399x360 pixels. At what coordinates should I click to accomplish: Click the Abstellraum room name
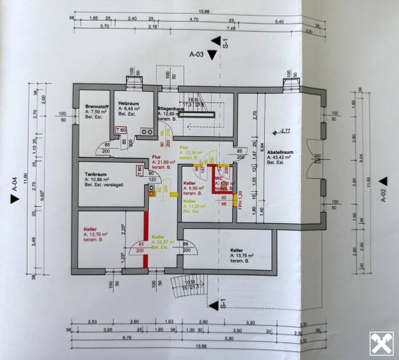280,152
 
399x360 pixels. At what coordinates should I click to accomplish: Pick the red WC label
218,178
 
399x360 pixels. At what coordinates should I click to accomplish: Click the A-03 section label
197,54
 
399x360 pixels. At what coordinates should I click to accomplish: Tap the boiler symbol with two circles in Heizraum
147,132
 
